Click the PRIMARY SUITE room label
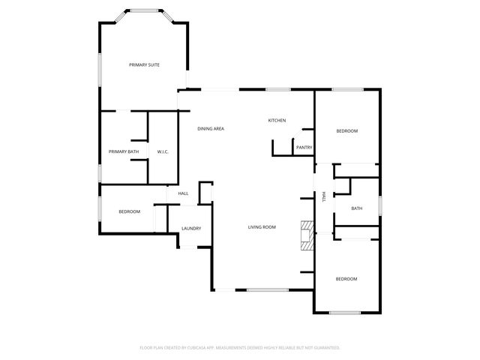tap(144, 64)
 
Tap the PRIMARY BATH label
tap(124, 152)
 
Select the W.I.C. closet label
tap(163, 152)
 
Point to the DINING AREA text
tap(211, 129)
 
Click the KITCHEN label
tap(277, 121)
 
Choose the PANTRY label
tap(304, 148)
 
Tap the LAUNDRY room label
tap(191, 229)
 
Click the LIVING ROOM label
tap(262, 227)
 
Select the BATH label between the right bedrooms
tap(356, 208)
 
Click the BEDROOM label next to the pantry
tap(346, 131)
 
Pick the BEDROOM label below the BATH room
tap(346, 279)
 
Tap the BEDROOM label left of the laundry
tap(129, 211)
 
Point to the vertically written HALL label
tap(324, 196)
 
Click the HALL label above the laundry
tap(183, 193)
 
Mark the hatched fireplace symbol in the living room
tap(306, 235)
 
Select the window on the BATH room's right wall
tap(380, 204)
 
